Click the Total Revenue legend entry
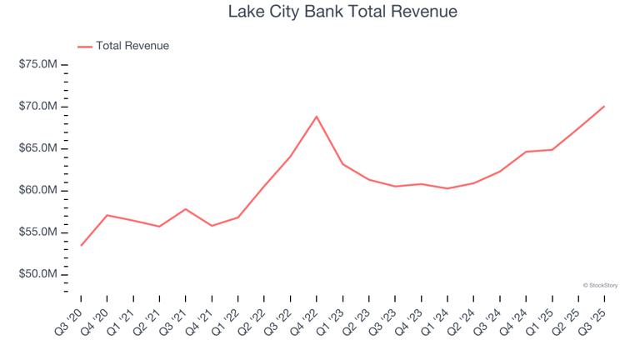click(132, 46)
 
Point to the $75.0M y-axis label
click(37, 65)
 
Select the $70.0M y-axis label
click(37, 107)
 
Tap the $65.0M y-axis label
click(37, 148)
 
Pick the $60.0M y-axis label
click(37, 191)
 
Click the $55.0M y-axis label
click(37, 232)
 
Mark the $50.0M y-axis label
click(37, 274)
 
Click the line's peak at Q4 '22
click(317, 116)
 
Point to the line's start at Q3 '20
click(81, 246)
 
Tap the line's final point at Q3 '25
click(604, 106)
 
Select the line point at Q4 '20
click(107, 215)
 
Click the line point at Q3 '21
click(186, 209)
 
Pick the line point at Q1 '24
click(447, 188)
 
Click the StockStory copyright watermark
click(600, 285)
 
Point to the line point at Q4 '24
click(526, 152)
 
